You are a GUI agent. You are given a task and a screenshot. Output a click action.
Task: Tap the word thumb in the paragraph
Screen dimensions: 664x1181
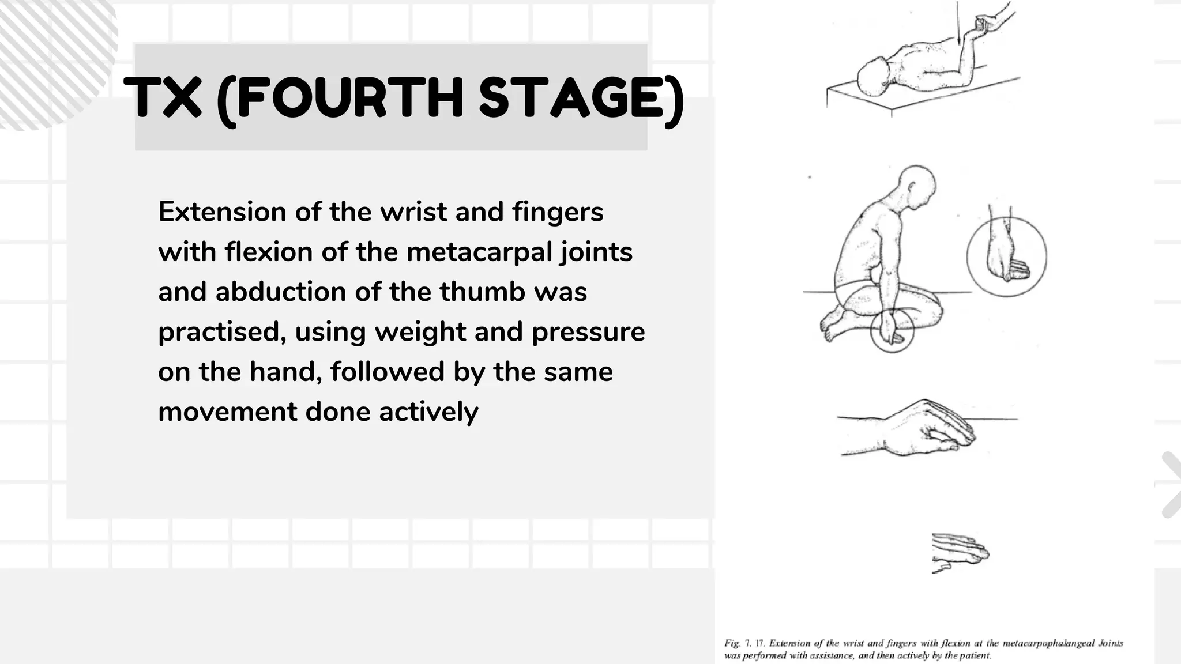point(482,292)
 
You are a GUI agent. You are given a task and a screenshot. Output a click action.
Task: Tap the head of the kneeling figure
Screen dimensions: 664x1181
point(917,184)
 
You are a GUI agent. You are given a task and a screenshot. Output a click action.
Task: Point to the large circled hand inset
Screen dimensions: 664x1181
point(1006,257)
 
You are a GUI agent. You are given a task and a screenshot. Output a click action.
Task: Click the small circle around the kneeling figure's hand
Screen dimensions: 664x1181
point(892,331)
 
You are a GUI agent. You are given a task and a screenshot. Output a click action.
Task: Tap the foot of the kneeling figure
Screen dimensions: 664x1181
point(830,329)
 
